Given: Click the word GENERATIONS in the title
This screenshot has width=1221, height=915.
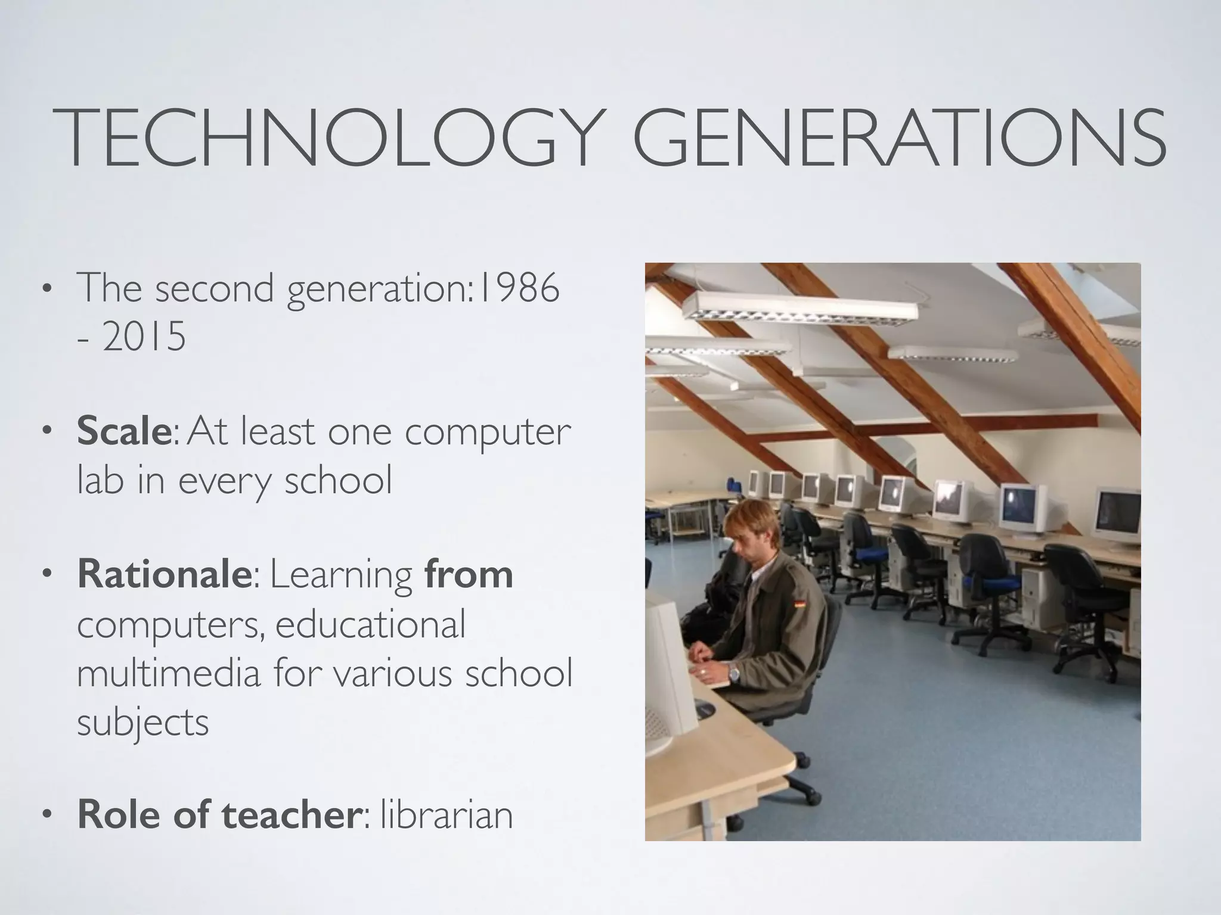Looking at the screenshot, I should [x=898, y=138].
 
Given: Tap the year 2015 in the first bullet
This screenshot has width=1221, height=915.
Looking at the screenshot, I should [x=144, y=338].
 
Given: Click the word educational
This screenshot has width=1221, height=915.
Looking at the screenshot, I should [x=370, y=625].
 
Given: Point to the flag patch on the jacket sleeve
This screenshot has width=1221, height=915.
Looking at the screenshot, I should [x=798, y=606].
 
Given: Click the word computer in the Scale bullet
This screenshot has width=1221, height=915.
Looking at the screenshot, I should [x=488, y=433].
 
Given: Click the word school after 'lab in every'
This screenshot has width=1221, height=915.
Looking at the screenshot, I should [x=338, y=480].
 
